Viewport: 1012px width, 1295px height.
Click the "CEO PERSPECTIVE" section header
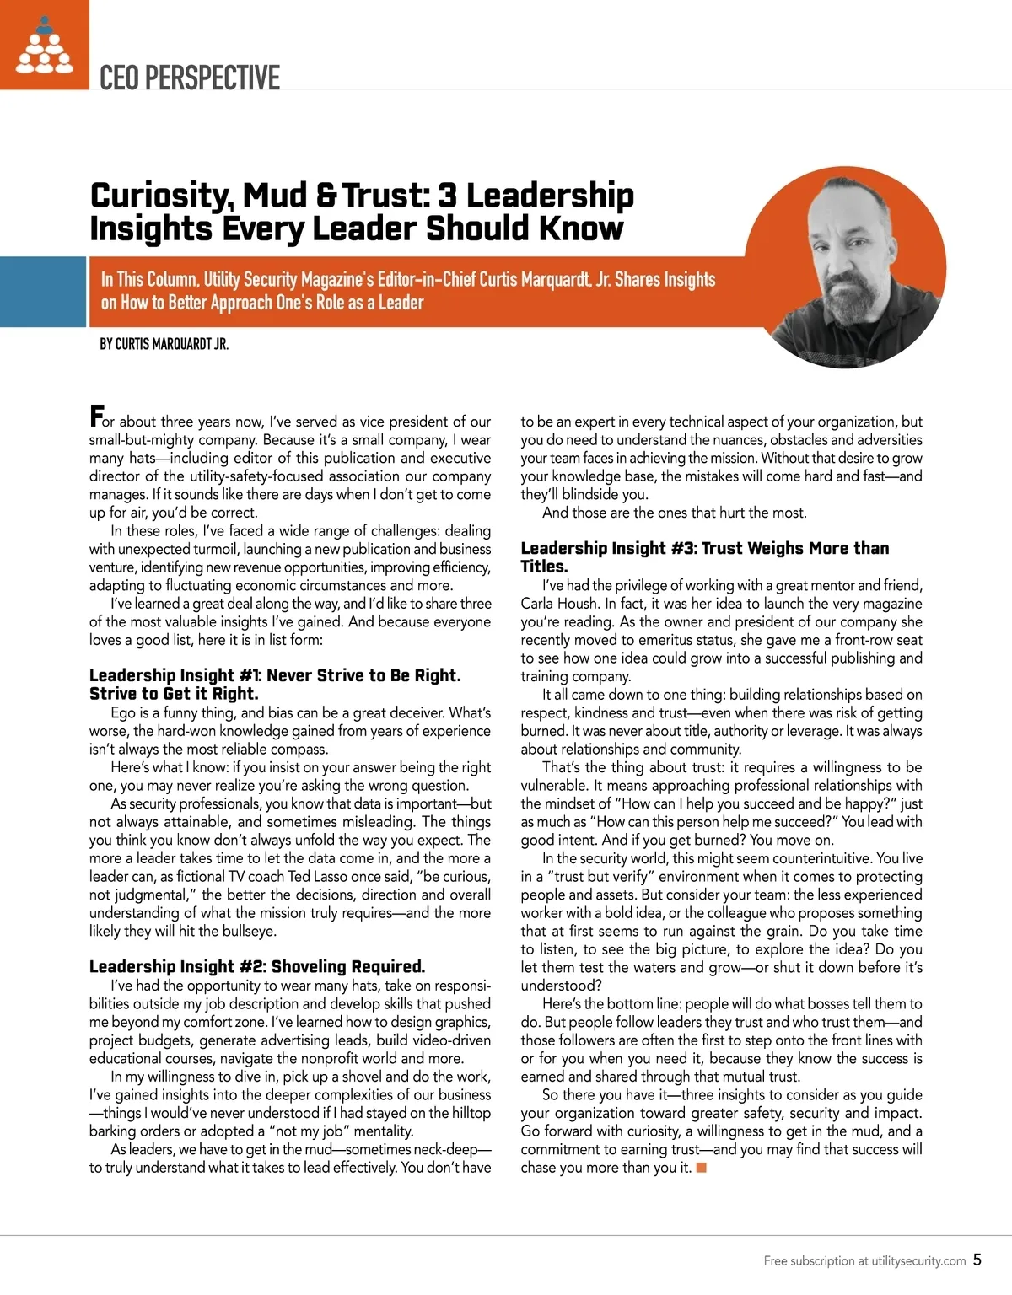coord(189,78)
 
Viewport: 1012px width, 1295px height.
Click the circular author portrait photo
coord(845,267)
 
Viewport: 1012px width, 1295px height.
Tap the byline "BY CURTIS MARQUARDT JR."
coord(164,344)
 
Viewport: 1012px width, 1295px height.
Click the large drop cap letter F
coord(97,416)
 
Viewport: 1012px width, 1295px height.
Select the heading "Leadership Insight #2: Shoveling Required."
coord(257,966)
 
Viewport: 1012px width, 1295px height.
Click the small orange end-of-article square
coord(701,1168)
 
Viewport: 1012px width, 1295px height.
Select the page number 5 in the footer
coord(977,1260)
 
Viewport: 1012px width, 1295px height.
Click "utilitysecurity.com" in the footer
coord(918,1261)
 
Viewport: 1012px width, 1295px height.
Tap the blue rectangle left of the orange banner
coord(43,291)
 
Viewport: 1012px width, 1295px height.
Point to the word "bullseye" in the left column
coord(246,931)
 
